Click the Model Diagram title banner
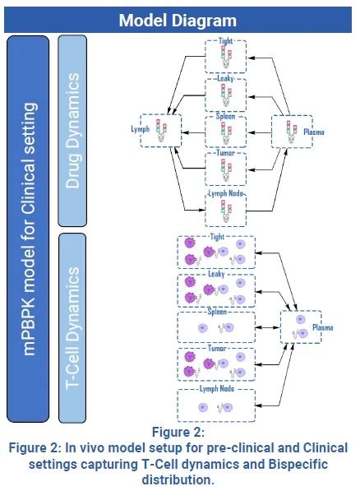click(179, 19)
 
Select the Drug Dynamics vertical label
click(72, 129)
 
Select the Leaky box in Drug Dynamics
click(225, 94)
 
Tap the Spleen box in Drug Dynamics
click(225, 130)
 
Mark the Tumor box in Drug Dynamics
click(225, 167)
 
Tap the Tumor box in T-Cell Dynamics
click(217, 366)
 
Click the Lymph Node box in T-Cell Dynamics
click(217, 405)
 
